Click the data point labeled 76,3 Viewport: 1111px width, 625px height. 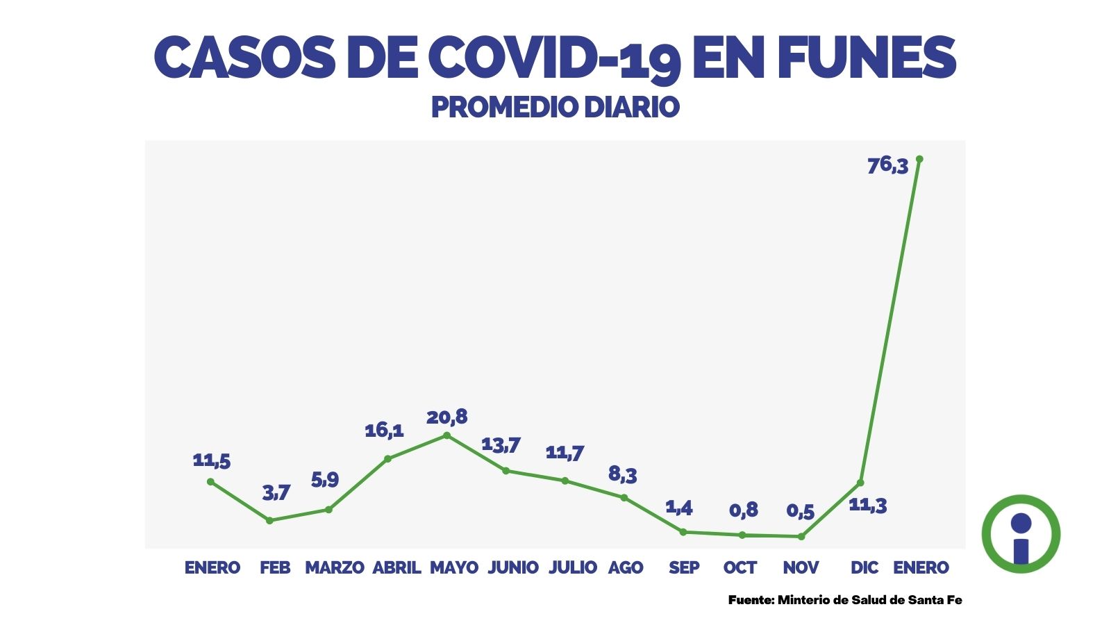[x=919, y=159]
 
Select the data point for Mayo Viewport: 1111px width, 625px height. [x=446, y=435]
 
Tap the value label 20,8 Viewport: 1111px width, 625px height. [x=446, y=417]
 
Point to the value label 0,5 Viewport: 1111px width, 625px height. [x=800, y=512]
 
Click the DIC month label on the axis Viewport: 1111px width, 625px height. [x=864, y=568]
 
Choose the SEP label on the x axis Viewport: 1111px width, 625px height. [x=684, y=568]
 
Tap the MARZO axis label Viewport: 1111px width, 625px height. [x=334, y=568]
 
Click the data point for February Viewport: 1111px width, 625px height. [x=270, y=520]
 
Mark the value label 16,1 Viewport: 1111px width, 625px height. [x=384, y=431]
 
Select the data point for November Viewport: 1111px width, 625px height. [x=801, y=536]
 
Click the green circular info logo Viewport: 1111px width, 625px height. [x=1021, y=534]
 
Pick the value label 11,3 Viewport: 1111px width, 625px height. [x=868, y=506]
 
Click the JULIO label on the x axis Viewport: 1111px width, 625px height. [x=573, y=568]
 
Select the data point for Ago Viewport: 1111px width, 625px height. [x=624, y=497]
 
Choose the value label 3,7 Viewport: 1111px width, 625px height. [x=276, y=493]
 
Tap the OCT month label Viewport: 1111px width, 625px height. [x=740, y=568]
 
